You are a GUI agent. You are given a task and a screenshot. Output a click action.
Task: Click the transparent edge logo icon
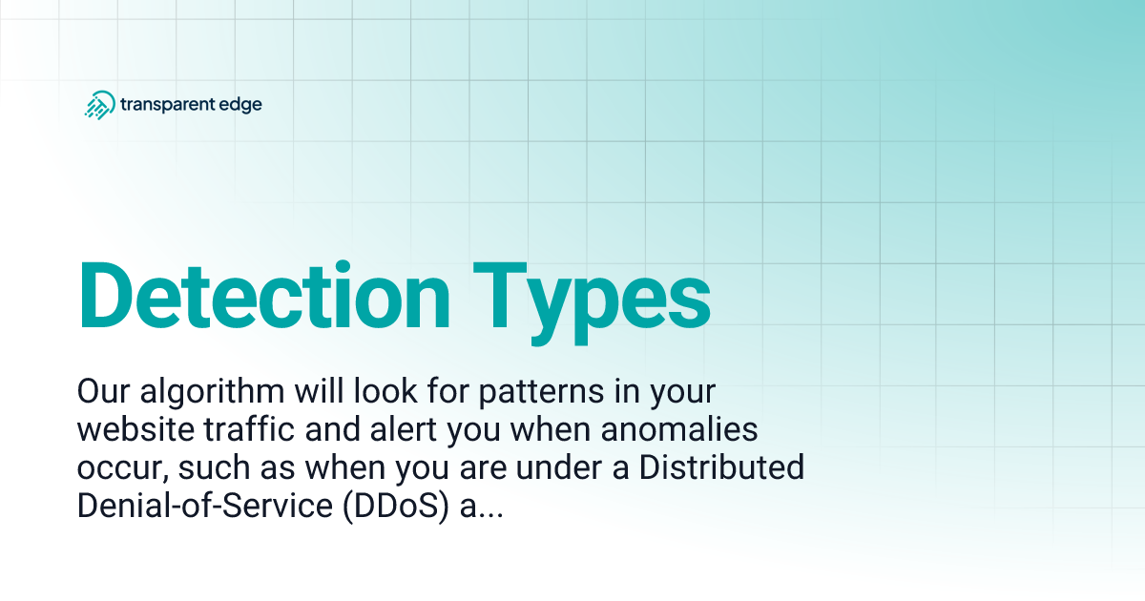[99, 104]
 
